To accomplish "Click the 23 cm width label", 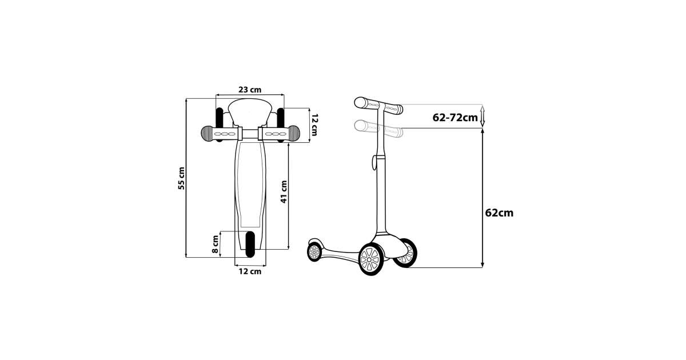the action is pyautogui.click(x=250, y=90).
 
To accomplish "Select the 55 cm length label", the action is pyautogui.click(x=181, y=178).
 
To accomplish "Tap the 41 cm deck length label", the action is pyautogui.click(x=284, y=191).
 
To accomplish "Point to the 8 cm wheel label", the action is pyautogui.click(x=216, y=244).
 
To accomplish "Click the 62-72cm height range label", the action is pyautogui.click(x=455, y=117).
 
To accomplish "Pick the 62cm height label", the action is pyautogui.click(x=499, y=213).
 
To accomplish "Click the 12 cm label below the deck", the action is pyautogui.click(x=250, y=271).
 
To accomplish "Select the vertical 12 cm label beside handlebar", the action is pyautogui.click(x=314, y=125).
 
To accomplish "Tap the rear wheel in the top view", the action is pyautogui.click(x=250, y=244).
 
